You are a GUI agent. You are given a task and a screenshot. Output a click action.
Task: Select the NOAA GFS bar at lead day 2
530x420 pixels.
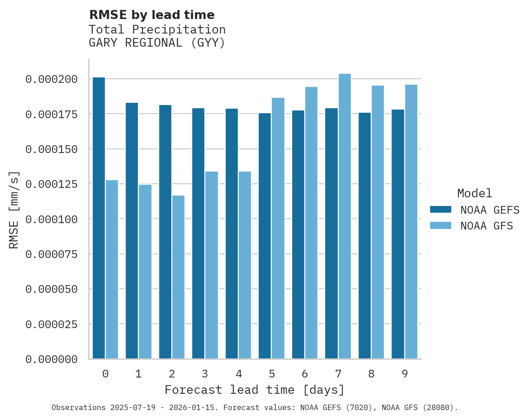(x=178, y=277)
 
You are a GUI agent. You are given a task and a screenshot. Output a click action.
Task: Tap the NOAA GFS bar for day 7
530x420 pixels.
(x=345, y=216)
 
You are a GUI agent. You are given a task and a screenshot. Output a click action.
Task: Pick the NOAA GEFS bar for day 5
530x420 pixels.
(x=265, y=236)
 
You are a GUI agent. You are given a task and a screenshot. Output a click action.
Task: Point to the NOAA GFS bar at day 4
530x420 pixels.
(x=245, y=265)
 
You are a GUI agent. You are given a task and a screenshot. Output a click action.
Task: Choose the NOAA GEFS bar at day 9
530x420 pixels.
(x=398, y=234)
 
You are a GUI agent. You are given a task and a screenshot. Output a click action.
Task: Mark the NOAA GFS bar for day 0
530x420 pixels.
(x=112, y=269)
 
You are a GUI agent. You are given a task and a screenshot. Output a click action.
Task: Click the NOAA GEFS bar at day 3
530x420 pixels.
(x=198, y=234)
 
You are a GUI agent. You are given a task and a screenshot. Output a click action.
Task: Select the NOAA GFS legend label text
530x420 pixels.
(x=487, y=226)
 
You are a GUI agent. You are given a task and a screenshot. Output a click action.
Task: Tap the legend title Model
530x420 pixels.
(x=474, y=194)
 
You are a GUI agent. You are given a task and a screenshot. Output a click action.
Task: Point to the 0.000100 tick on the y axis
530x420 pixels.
(x=52, y=219)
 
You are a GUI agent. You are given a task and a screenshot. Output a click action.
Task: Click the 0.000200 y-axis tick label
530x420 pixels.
(x=52, y=79)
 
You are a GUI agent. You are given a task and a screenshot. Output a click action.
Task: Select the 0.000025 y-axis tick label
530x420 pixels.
(x=52, y=324)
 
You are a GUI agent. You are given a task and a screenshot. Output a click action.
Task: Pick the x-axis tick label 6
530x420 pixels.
(x=305, y=374)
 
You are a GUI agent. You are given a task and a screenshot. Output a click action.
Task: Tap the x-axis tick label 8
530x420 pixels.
(x=371, y=374)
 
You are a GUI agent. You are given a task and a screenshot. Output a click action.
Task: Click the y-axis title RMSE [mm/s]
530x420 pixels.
(x=14, y=210)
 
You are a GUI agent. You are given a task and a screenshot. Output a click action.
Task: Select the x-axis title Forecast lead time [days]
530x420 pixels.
(x=255, y=390)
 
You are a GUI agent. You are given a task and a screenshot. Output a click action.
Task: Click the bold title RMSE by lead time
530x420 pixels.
(x=151, y=15)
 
